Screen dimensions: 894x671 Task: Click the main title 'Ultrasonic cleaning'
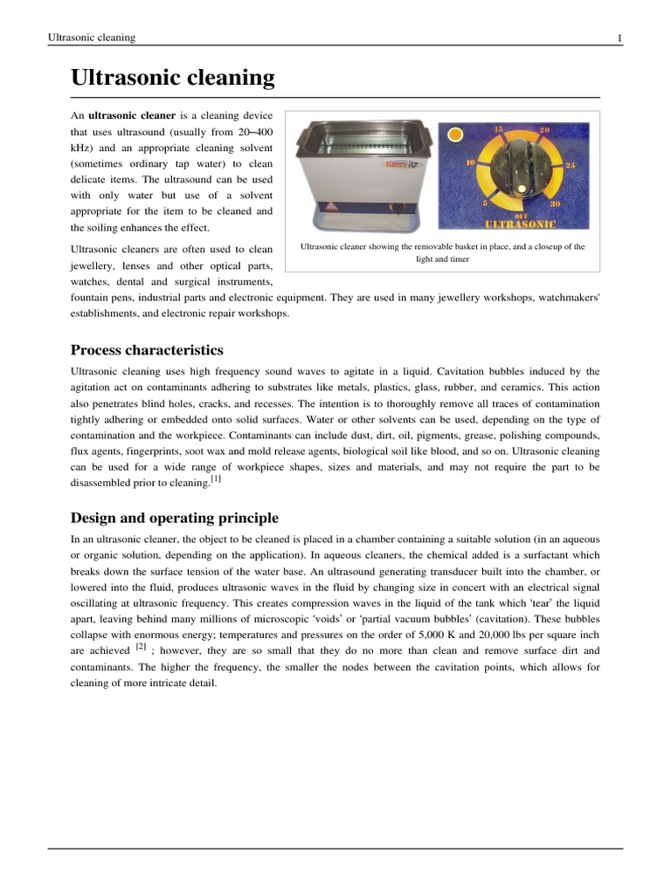coord(172,79)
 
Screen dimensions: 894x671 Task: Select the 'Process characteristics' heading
coord(147,350)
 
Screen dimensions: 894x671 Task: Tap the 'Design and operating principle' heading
coord(174,518)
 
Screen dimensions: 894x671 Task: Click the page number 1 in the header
coord(619,38)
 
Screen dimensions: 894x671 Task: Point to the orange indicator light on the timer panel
coord(453,135)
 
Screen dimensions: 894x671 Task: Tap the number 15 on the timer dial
coord(498,129)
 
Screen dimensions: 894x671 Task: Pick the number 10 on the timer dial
coord(470,163)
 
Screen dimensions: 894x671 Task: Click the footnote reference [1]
coord(216,479)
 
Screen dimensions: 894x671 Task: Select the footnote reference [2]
coord(141,647)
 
